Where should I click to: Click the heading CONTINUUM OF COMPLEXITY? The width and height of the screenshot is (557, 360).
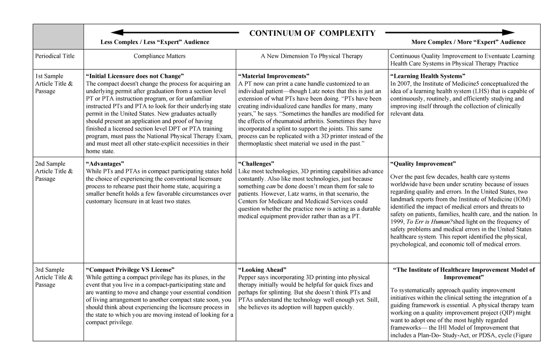point(312,33)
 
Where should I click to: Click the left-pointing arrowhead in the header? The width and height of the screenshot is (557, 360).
point(117,32)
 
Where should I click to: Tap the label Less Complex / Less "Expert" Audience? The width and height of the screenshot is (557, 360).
point(155,42)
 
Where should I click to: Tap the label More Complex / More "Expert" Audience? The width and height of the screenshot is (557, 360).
point(468,42)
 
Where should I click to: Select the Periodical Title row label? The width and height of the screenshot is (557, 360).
point(55,56)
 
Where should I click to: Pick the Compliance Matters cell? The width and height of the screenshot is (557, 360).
point(159,56)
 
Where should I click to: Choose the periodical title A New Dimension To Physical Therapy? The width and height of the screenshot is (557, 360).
point(312,56)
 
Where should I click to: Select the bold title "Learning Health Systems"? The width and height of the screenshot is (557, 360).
point(428,76)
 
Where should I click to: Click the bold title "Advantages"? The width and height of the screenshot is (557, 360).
point(105,164)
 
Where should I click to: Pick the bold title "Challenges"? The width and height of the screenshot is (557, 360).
point(256,164)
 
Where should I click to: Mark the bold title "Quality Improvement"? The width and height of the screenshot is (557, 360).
point(423,164)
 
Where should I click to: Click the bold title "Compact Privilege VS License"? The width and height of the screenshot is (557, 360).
point(130,270)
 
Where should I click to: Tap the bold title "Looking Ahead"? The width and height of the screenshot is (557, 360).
point(262,270)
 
